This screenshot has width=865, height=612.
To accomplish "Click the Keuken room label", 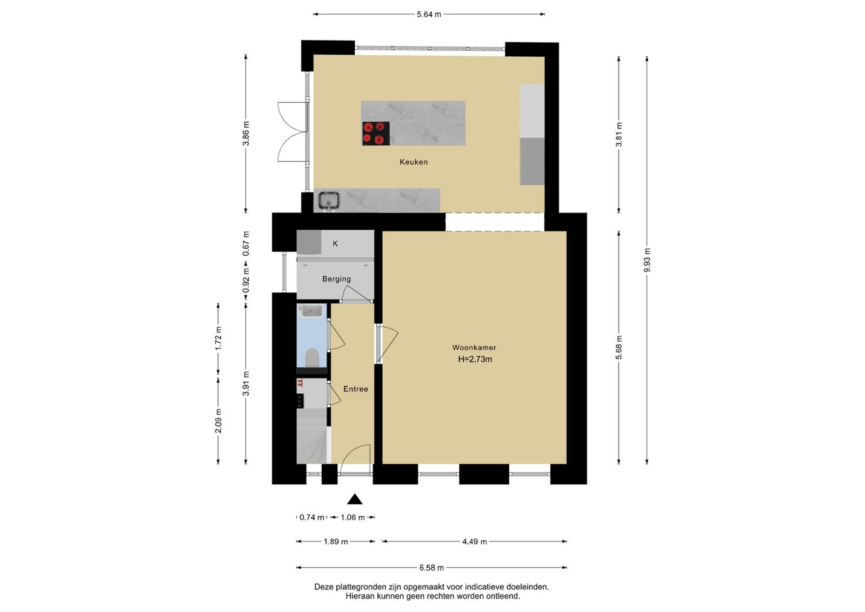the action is click(x=413, y=162).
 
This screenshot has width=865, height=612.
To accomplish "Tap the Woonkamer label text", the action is click(x=474, y=348).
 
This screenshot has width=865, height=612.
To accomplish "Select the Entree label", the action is click(x=356, y=389).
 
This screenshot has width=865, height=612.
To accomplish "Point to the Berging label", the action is click(x=336, y=279).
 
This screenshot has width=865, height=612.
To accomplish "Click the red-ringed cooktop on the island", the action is click(x=376, y=134).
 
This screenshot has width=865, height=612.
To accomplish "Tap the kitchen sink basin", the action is click(x=329, y=201).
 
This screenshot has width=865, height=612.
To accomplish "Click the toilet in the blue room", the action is click(x=311, y=357).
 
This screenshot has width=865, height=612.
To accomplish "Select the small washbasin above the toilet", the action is click(x=311, y=310).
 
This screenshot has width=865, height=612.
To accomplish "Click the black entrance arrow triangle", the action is click(x=355, y=499).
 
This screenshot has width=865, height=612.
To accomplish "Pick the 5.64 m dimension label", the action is click(x=429, y=14).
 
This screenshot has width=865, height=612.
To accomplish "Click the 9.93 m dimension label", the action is click(x=647, y=260).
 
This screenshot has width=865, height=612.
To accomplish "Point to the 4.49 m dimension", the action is click(x=474, y=542).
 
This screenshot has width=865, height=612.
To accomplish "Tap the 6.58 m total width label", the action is click(x=431, y=568).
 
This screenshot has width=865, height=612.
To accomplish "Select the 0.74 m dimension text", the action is click(x=311, y=517).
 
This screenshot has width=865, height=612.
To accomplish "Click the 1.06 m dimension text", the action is click(x=352, y=517).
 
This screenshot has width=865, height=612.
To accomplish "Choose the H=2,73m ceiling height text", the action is click(x=475, y=359).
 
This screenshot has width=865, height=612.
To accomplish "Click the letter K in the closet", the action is click(x=335, y=244).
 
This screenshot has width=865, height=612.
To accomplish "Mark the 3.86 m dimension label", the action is click(x=246, y=133).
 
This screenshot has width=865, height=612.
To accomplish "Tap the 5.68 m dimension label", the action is click(x=619, y=347).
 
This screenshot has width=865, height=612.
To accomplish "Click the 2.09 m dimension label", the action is click(x=218, y=421).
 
